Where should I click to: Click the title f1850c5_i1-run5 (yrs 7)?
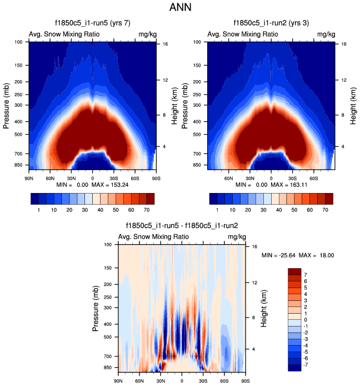(x=92, y=24)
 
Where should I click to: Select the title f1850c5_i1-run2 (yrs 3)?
(x=271, y=24)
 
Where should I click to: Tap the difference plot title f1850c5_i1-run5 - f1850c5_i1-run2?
(x=182, y=226)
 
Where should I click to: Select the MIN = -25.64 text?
(x=279, y=255)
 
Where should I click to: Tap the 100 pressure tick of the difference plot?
(x=108, y=245)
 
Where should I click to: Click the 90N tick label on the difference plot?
(x=118, y=381)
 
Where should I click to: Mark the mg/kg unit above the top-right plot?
(x=326, y=34)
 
